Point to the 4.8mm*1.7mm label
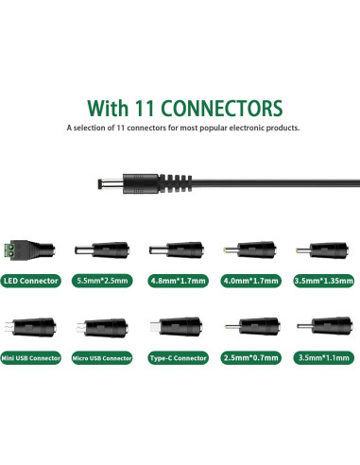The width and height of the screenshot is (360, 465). (180, 281)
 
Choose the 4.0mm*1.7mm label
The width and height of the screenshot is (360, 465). (252, 281)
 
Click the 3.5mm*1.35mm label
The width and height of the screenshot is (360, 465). (324, 281)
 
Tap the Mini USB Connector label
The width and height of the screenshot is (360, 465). (34, 358)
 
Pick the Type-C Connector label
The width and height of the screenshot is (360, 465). (180, 358)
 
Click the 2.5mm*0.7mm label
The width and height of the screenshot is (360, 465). (252, 358)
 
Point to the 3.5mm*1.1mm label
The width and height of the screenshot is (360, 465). (324, 358)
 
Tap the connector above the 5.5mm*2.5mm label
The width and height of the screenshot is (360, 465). (106, 250)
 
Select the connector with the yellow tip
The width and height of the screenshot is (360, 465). (252, 250)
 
